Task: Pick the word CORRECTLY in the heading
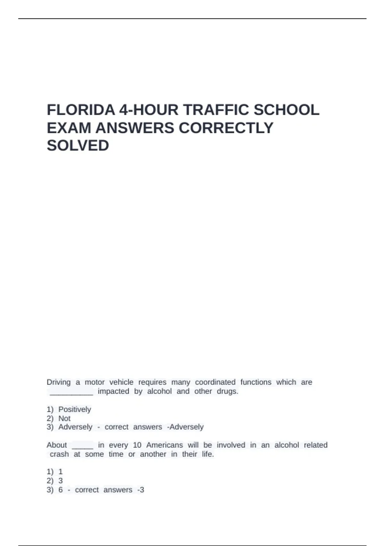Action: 226,128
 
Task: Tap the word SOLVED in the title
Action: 78,145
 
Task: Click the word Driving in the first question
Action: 59,382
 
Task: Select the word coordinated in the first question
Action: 215,382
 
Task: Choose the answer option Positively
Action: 75,409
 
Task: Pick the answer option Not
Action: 64,418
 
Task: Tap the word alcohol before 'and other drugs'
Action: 159,391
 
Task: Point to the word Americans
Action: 165,445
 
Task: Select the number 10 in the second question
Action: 137,445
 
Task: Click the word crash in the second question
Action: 59,454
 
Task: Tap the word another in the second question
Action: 153,454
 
